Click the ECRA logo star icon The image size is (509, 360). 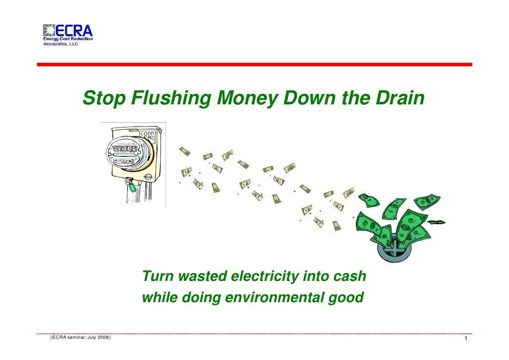pos(49,31)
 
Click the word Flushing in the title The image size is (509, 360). pos(170,99)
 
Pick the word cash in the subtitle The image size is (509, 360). pos(349,276)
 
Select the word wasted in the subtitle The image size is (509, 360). pos(202,276)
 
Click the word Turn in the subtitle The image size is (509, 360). pos(157,276)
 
